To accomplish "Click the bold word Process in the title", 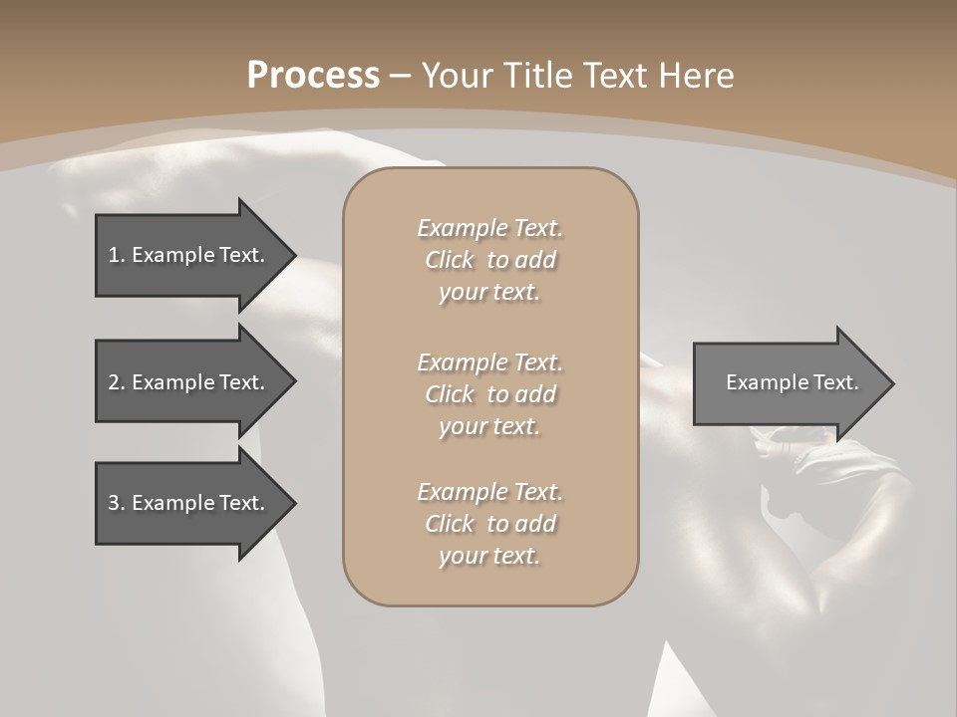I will point(313,76).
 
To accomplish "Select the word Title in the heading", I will point(537,76).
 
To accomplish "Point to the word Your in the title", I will point(458,76).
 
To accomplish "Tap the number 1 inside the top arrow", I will point(113,255).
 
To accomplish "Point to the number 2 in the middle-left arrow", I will point(114,382).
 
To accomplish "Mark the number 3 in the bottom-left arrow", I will point(114,503).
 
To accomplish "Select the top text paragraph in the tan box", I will point(489,260).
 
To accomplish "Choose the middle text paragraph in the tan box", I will point(489,394).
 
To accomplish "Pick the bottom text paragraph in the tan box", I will point(489,524).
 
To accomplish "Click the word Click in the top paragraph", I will point(450,261).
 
